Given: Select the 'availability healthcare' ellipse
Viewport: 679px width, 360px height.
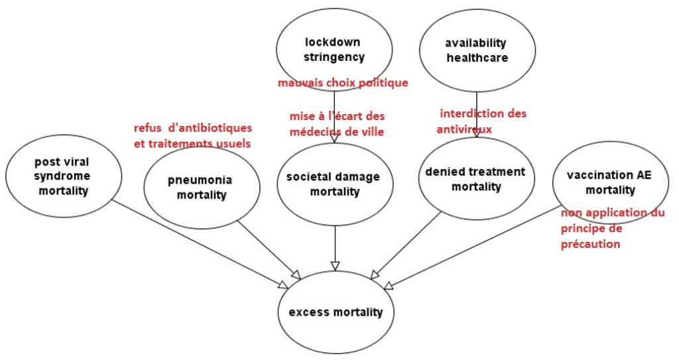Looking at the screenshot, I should [476, 50].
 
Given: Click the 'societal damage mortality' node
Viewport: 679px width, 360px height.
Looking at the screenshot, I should [333, 184].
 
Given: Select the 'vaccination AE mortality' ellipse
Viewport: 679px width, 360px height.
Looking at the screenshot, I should [601, 182].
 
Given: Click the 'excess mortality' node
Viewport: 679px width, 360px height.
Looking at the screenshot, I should [335, 312].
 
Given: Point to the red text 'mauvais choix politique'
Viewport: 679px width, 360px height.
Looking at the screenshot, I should [343, 83].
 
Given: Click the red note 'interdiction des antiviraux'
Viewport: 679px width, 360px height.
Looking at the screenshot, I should [482, 121].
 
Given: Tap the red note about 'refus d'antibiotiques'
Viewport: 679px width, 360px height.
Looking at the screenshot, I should [193, 135].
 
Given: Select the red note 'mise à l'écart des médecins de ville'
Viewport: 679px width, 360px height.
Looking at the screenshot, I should [337, 123].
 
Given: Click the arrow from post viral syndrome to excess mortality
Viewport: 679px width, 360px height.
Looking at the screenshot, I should [199, 242].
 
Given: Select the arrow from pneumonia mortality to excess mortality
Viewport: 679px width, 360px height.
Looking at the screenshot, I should [269, 248].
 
